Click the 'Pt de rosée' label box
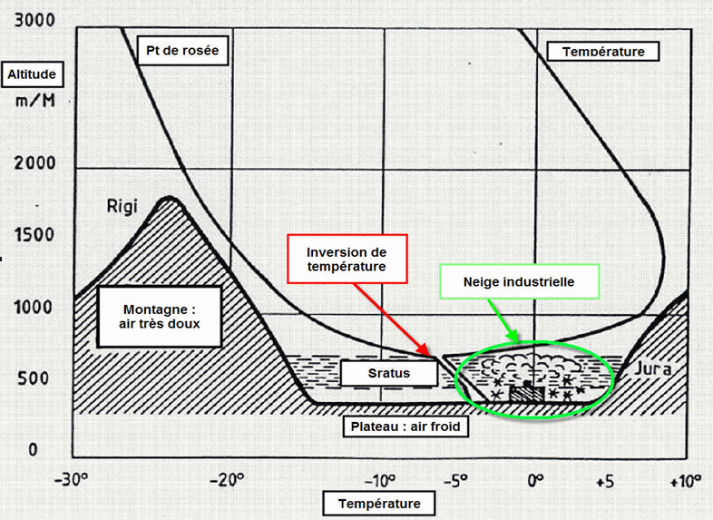point(181,50)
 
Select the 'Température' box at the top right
point(603,51)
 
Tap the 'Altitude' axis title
point(34,74)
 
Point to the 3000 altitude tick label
point(34,19)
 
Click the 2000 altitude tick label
point(34,163)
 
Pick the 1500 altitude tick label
point(34,235)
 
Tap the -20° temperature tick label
point(227,479)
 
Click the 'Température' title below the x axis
point(379,504)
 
